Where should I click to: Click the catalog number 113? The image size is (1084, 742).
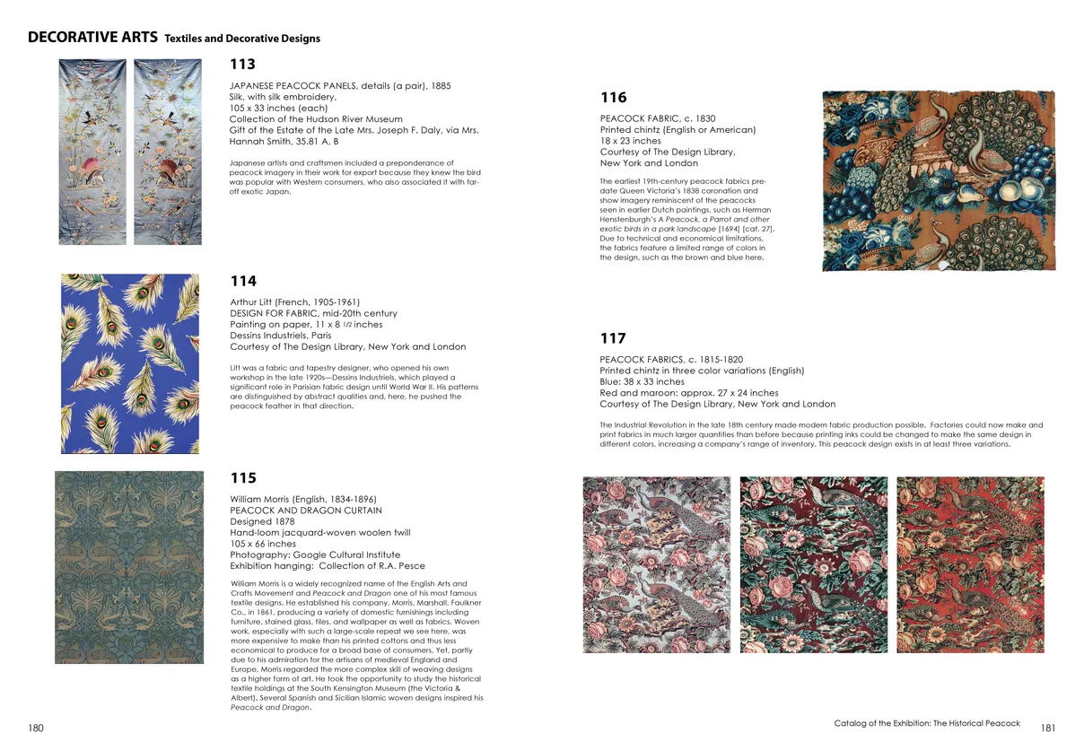(x=242, y=65)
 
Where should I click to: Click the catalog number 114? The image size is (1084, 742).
(x=243, y=282)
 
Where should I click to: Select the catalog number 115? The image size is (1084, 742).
(x=243, y=478)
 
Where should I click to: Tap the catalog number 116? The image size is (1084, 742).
(x=613, y=98)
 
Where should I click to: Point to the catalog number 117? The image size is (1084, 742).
(x=613, y=338)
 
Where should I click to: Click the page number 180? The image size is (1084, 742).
(x=36, y=729)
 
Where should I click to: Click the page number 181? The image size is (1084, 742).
(x=1049, y=729)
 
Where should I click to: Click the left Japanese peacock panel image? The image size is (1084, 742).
(x=92, y=152)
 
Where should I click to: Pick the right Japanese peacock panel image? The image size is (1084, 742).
(x=168, y=152)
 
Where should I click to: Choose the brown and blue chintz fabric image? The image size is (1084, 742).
(x=939, y=180)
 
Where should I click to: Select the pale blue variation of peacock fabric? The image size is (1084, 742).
(x=657, y=564)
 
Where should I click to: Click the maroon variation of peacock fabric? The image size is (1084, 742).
(x=813, y=564)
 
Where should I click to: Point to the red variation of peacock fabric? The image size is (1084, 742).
(x=970, y=564)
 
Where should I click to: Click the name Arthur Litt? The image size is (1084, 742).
(x=253, y=302)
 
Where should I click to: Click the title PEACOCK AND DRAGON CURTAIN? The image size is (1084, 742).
(x=306, y=511)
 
